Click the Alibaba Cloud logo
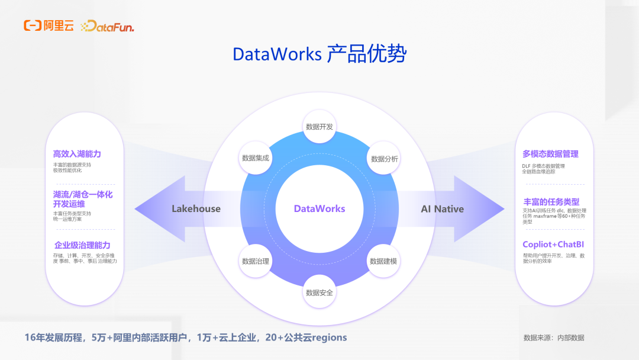(x=49, y=25)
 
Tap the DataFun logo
(x=108, y=26)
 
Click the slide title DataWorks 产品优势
(x=319, y=54)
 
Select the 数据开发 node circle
(x=319, y=127)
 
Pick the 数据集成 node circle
(x=256, y=158)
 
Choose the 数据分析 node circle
(x=384, y=159)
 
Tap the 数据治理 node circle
(x=256, y=261)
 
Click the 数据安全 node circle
(x=319, y=292)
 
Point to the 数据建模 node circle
(x=383, y=261)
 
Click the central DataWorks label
(x=319, y=208)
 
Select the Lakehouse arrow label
(x=196, y=208)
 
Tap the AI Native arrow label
(x=442, y=208)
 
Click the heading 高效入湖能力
(x=77, y=154)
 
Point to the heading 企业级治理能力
(x=82, y=245)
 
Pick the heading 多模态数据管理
(x=550, y=154)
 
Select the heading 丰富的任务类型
(x=551, y=202)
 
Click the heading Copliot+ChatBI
(x=553, y=245)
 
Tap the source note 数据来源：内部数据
(x=553, y=337)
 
